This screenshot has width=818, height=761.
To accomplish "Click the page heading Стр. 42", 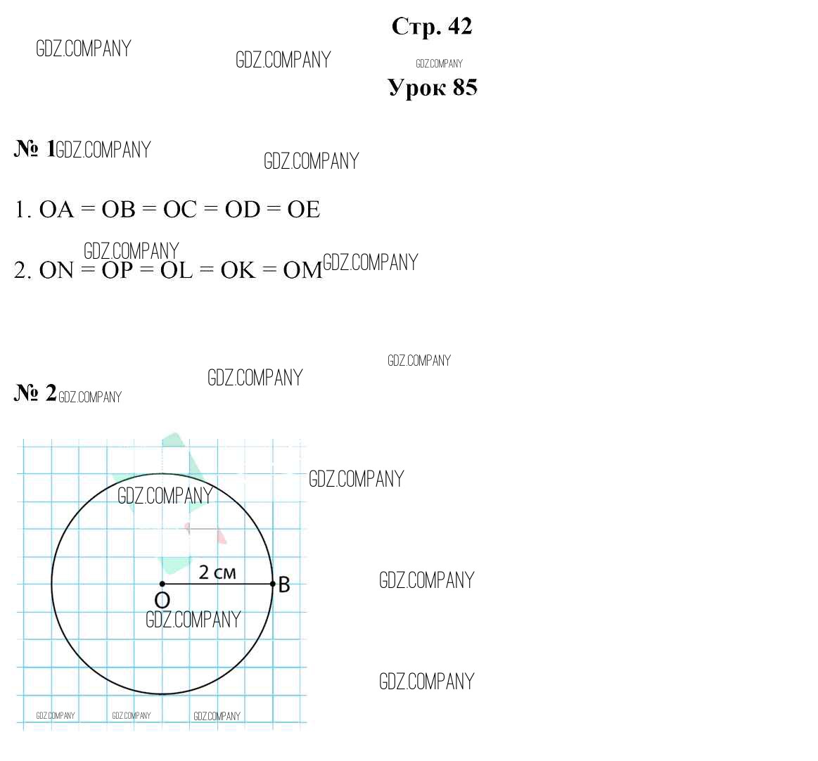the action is (432, 27).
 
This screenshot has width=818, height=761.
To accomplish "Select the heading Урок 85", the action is (433, 87).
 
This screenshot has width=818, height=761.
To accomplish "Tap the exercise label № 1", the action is (34, 148).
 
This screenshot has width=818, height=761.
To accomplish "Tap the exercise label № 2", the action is (35, 392).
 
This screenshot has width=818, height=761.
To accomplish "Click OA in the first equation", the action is (56, 210).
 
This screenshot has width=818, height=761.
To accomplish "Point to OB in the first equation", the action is (118, 210).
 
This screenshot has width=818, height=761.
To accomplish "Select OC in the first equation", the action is (180, 210).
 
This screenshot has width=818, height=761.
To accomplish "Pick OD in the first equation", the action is (243, 210).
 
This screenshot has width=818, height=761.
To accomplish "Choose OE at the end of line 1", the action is (304, 210).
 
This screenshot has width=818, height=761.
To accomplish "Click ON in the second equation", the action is (56, 270).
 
